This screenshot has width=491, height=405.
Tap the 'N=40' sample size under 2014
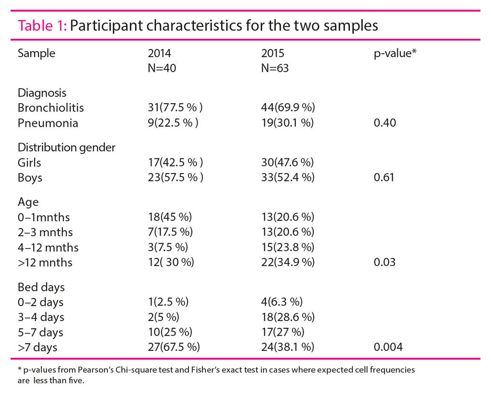pyautogui.click(x=162, y=68)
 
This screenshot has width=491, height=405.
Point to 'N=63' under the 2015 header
pyautogui.click(x=275, y=68)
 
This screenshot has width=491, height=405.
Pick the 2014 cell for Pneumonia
pyautogui.click(x=173, y=123)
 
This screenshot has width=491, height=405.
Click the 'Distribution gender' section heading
pyautogui.click(x=66, y=147)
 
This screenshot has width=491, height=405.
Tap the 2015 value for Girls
pyautogui.click(x=288, y=163)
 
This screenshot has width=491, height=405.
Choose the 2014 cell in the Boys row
pyautogui.click(x=175, y=178)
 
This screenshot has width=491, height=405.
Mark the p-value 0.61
pyautogui.click(x=384, y=178)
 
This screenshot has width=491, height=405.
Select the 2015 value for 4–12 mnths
pyautogui.click(x=288, y=248)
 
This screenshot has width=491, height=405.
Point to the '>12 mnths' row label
pyautogui.click(x=45, y=262)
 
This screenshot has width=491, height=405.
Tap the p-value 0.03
pyautogui.click(x=384, y=262)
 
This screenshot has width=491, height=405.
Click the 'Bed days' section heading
pyautogui.click(x=41, y=287)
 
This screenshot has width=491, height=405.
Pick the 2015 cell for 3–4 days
pyautogui.click(x=288, y=317)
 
